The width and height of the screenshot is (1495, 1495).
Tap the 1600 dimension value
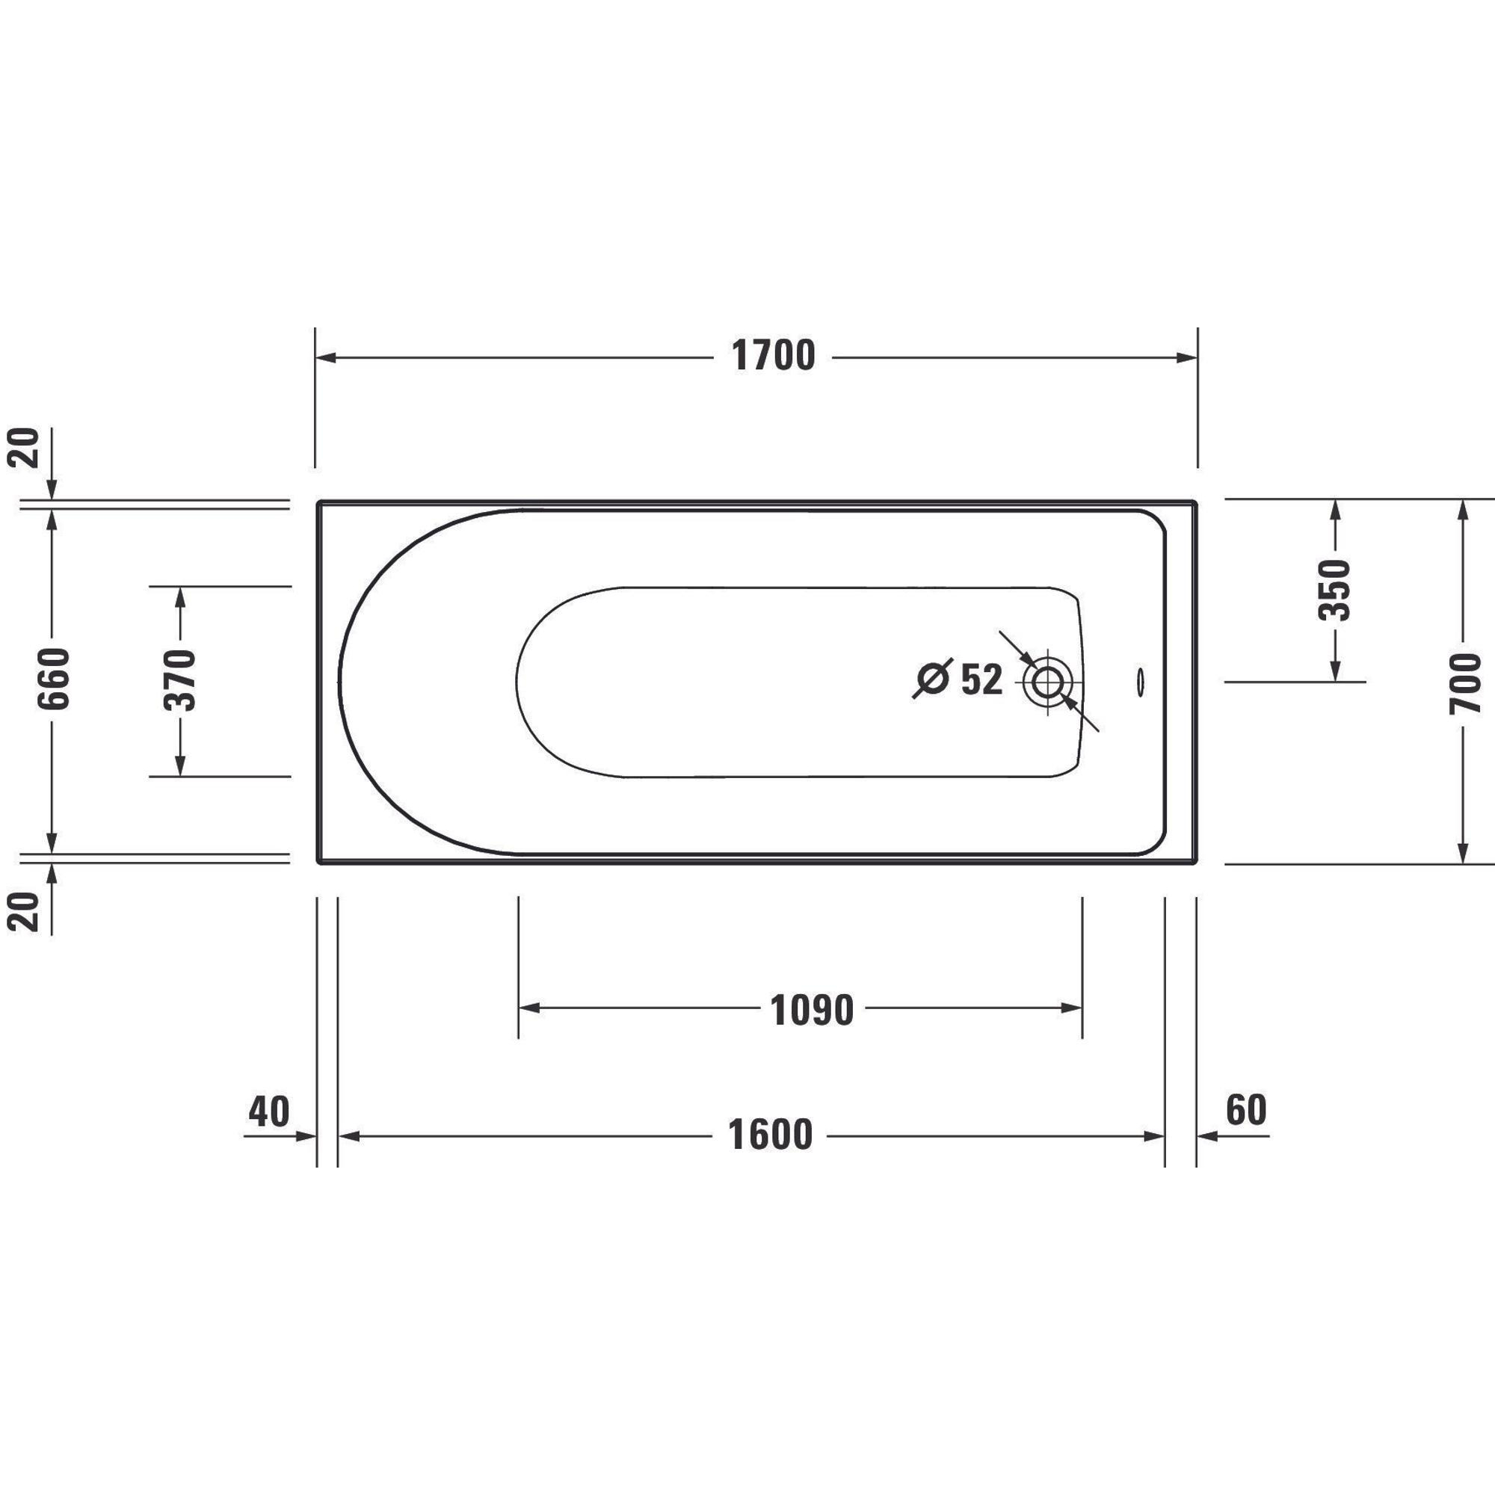click(770, 1135)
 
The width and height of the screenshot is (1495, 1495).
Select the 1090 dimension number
click(812, 1010)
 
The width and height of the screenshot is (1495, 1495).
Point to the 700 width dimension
click(1464, 682)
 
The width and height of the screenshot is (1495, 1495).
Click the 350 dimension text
click(1334, 591)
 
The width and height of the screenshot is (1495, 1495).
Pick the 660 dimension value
click(54, 679)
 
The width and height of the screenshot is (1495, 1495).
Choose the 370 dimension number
click(180, 681)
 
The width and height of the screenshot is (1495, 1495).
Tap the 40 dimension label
click(268, 1112)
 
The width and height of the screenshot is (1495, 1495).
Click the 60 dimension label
click(1247, 1109)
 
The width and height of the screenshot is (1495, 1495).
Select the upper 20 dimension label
click(23, 447)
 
